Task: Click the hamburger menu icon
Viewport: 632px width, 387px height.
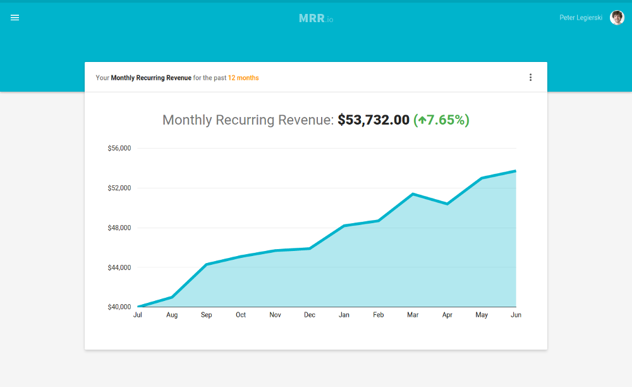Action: (15, 18)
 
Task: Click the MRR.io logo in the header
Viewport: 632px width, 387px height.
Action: (315, 18)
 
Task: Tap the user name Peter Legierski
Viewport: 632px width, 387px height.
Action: (581, 18)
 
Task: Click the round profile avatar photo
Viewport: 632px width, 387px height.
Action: (617, 18)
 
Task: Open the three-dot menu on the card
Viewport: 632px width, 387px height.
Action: (530, 78)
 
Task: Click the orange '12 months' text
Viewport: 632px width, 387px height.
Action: (243, 78)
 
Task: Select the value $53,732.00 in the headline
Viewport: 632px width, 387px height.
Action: (374, 120)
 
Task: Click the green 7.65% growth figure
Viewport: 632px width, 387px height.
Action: (442, 120)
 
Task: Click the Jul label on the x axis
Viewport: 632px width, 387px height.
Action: (138, 315)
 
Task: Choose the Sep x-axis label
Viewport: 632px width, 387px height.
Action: (207, 315)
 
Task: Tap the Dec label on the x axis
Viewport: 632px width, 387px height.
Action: (310, 315)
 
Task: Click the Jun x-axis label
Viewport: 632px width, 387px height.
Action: (516, 315)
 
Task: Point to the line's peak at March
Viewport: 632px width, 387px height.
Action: (413, 194)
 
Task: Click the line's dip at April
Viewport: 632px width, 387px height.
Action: (447, 204)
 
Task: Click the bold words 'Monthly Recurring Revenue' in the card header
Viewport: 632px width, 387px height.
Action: (151, 78)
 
